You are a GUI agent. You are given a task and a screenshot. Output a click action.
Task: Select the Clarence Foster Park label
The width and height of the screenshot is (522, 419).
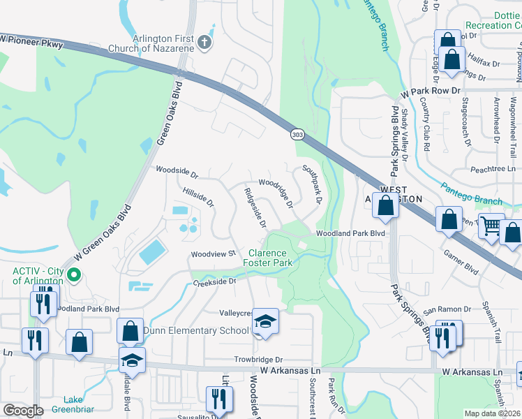click(x=267, y=257)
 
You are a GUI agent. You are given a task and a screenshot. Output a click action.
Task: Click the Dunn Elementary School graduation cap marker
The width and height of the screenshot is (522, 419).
click(x=265, y=321)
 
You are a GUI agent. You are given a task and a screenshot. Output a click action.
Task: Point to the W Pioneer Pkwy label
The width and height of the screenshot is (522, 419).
click(x=33, y=43)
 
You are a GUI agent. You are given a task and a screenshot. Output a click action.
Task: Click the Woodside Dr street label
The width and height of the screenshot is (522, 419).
click(x=177, y=170)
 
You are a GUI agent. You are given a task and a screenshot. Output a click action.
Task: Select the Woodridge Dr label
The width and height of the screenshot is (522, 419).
click(x=275, y=196)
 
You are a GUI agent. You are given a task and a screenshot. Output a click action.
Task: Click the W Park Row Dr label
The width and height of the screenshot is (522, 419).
click(x=431, y=91)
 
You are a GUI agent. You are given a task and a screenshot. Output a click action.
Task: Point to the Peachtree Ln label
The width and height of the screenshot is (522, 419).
click(x=492, y=169)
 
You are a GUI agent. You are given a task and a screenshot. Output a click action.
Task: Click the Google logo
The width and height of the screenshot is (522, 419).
click(x=23, y=411)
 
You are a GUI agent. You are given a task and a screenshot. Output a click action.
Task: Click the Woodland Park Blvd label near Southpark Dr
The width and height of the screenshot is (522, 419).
click(x=351, y=234)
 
